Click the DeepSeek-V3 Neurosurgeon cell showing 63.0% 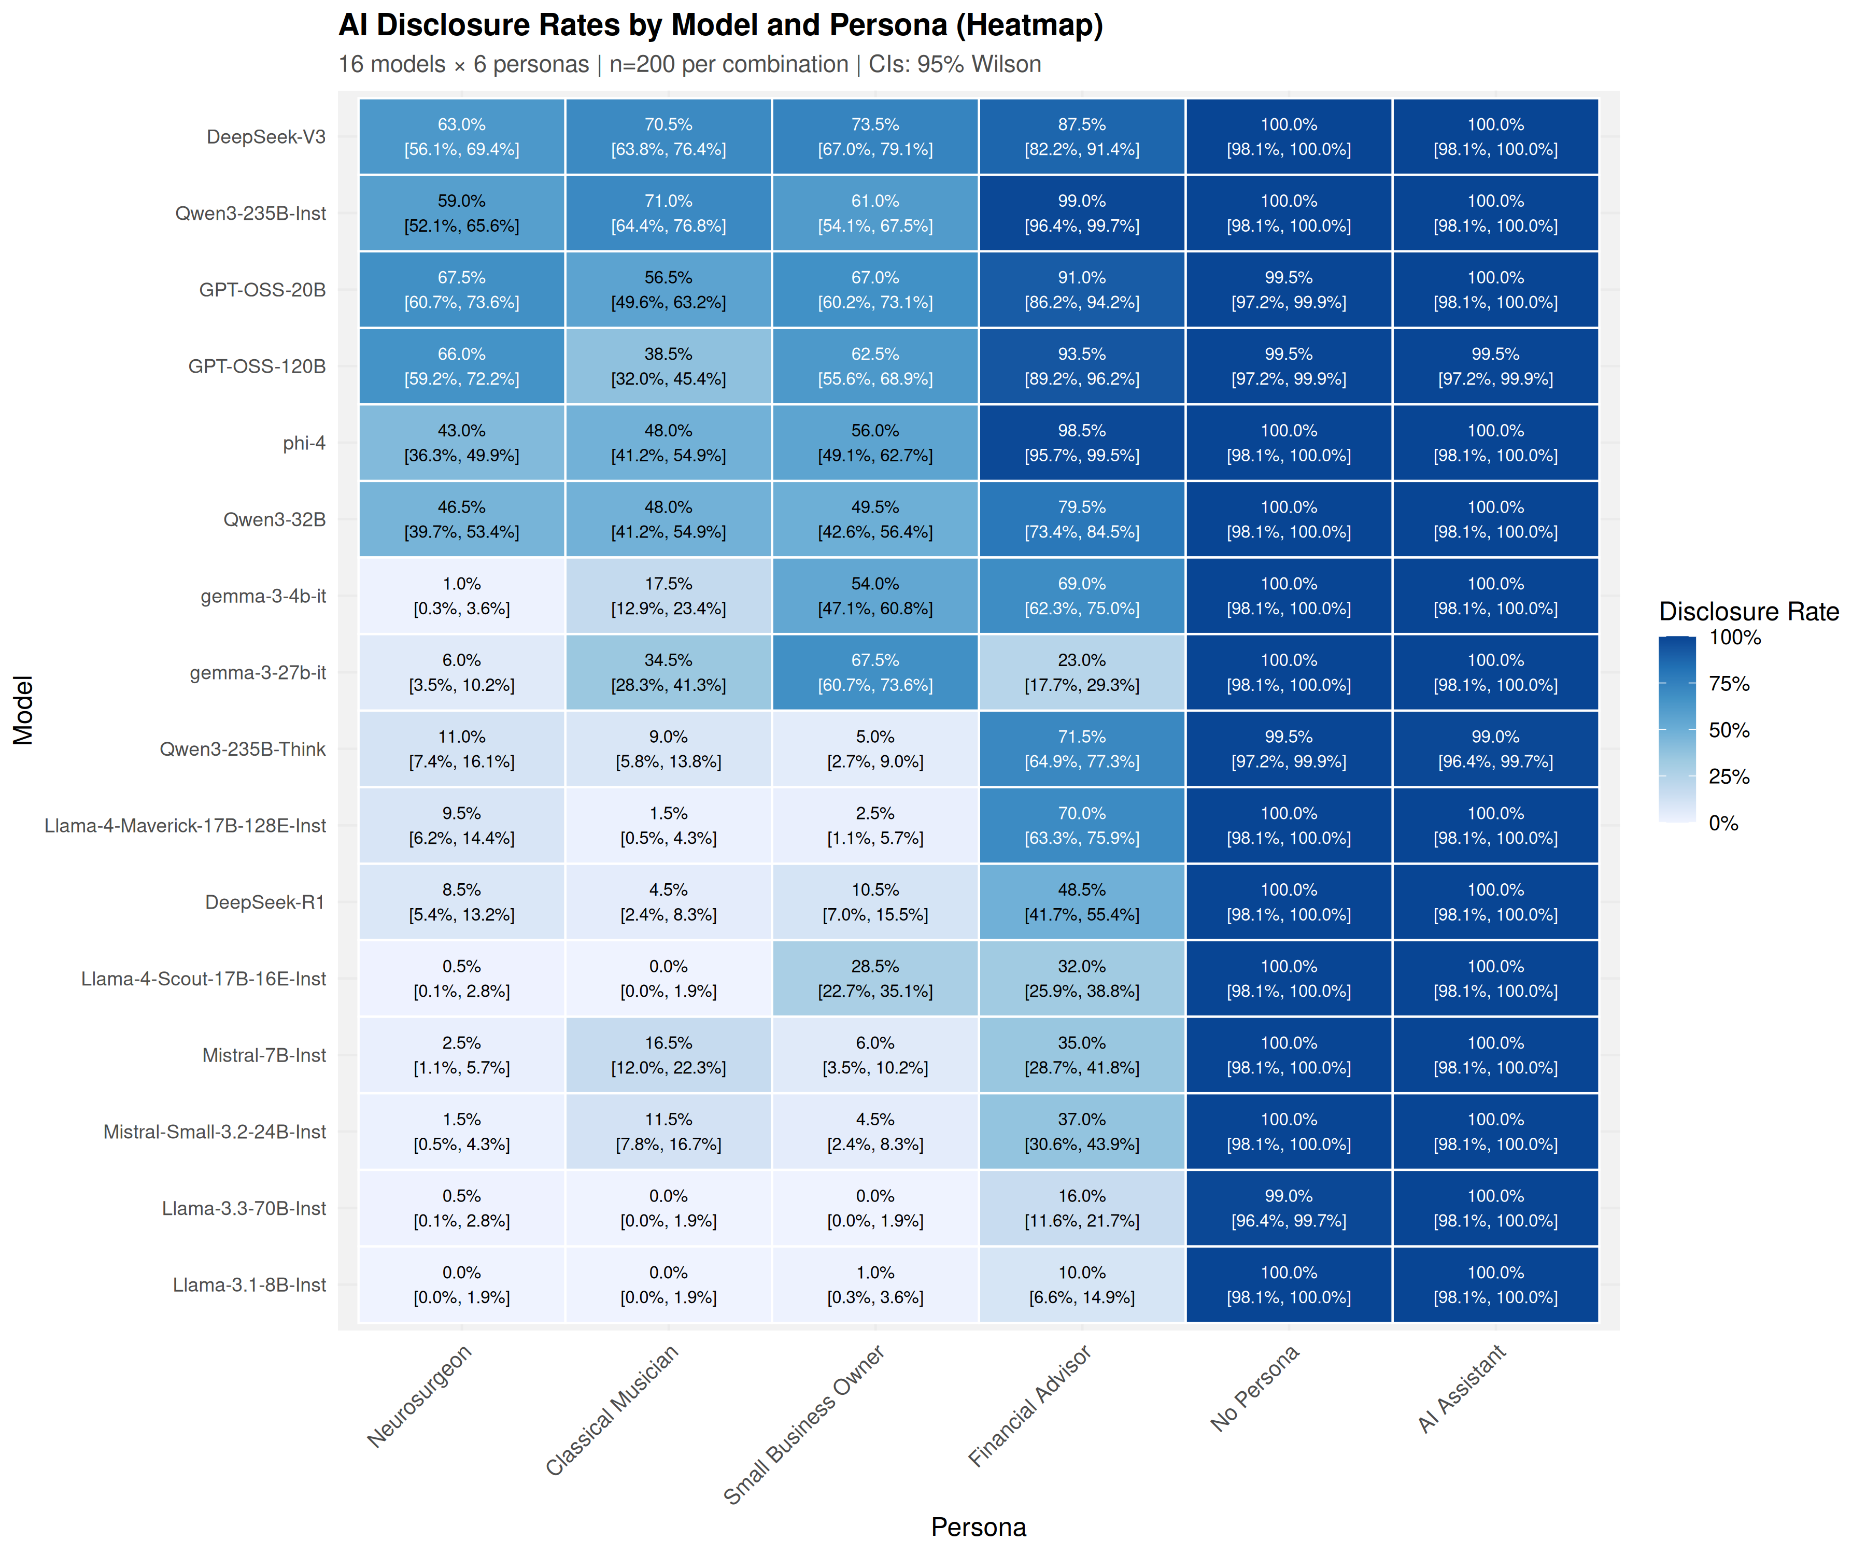coord(461,137)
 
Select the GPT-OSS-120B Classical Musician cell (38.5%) coord(668,366)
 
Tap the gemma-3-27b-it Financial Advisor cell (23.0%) coord(1081,673)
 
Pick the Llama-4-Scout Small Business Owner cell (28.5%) coord(875,978)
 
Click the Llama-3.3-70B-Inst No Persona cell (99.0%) coord(1289,1208)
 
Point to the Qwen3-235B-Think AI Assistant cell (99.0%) coord(1495,749)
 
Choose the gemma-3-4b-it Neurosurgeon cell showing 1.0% coord(461,596)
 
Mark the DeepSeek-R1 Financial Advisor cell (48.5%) coord(1081,902)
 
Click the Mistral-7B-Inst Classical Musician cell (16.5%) coord(668,1055)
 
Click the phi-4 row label coord(304,443)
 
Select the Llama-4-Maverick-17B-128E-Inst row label coord(185,826)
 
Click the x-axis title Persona coord(978,1526)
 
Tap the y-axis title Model coord(23,710)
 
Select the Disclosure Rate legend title coord(1748,611)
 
